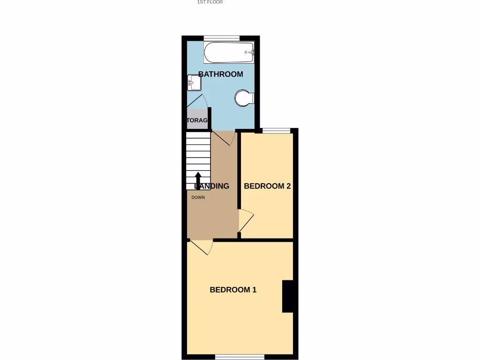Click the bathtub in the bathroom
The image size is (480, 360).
click(229, 52)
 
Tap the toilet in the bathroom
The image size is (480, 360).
click(244, 98)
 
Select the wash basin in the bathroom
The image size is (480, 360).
click(194, 83)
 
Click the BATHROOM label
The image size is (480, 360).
click(221, 74)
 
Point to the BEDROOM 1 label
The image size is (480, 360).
click(233, 290)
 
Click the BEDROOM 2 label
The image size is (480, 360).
click(267, 186)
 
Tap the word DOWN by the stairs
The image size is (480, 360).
click(198, 197)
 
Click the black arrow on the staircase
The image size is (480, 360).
click(198, 180)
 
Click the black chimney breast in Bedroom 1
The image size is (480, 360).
click(287, 296)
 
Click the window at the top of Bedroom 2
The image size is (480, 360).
click(276, 130)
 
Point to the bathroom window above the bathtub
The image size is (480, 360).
click(222, 37)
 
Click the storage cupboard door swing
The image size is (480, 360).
click(198, 102)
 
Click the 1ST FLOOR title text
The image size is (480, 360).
click(210, 2)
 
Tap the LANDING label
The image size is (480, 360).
click(212, 186)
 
